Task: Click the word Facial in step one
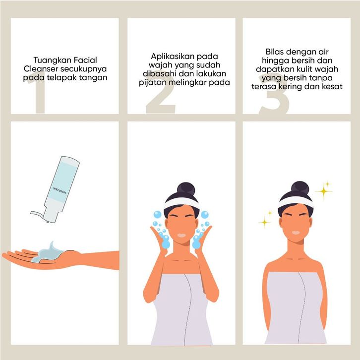[86, 60]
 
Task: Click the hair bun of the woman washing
[186, 189]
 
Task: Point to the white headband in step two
[181, 203]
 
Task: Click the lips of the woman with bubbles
[181, 236]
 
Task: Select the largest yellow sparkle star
[324, 191]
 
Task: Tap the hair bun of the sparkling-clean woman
[300, 188]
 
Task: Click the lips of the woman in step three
[296, 233]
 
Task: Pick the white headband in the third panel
[296, 202]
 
